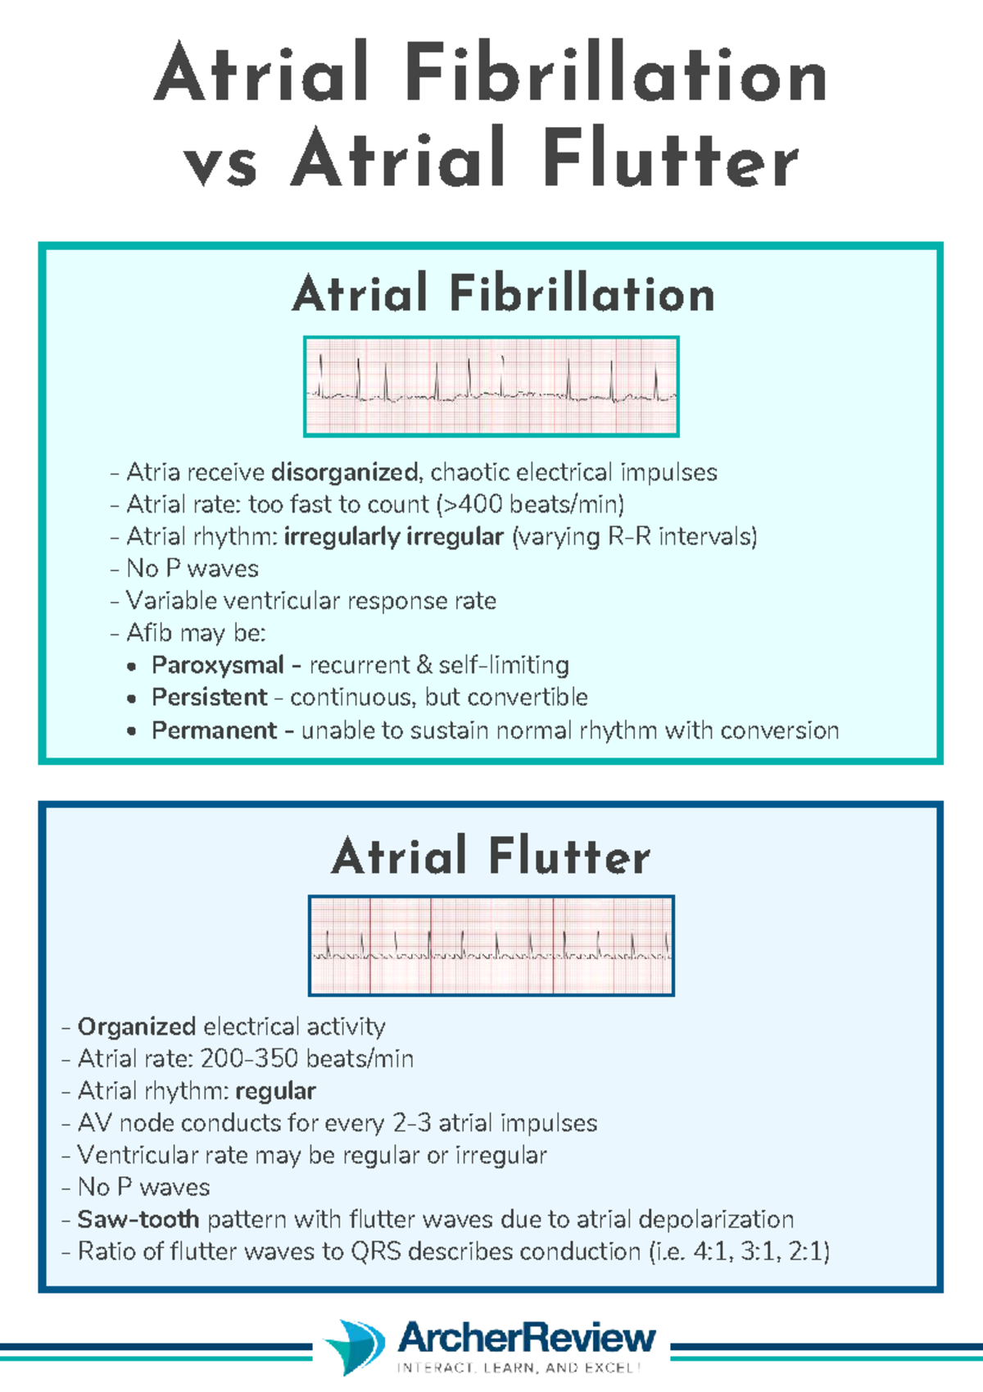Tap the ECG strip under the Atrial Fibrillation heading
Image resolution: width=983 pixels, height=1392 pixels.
(x=491, y=386)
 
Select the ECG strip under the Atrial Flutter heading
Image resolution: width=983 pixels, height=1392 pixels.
(x=491, y=945)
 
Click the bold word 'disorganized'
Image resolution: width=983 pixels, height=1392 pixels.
(x=344, y=472)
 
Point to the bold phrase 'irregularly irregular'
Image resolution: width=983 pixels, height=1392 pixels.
(x=393, y=536)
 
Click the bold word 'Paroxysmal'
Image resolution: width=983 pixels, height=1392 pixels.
(x=218, y=665)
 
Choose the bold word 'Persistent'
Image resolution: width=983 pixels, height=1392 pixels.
(x=210, y=697)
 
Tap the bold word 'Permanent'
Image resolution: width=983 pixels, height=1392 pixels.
(x=215, y=730)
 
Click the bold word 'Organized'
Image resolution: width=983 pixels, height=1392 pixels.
(x=137, y=1026)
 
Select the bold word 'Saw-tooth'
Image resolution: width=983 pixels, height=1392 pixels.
(x=138, y=1219)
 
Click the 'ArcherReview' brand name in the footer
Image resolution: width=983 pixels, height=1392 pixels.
(x=527, y=1337)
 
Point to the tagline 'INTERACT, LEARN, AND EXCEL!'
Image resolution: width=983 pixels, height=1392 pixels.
(x=518, y=1367)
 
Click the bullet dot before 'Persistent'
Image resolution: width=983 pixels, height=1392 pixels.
(x=132, y=699)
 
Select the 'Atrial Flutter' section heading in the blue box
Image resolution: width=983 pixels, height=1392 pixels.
(x=491, y=857)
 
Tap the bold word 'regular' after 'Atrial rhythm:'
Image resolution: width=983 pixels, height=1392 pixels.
(x=275, y=1091)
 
